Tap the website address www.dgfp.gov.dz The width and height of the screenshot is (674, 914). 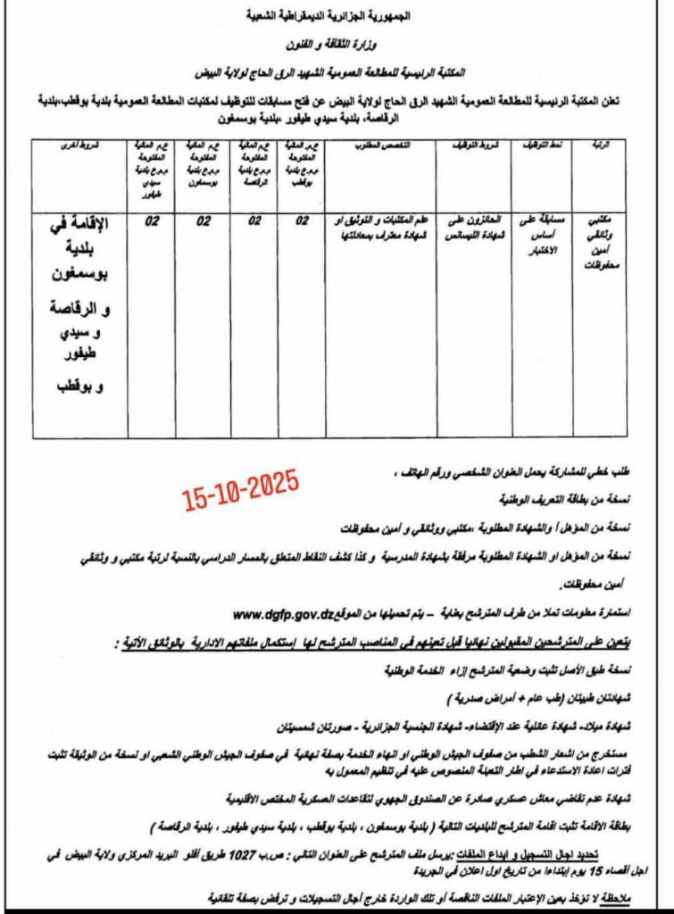click(287, 614)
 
